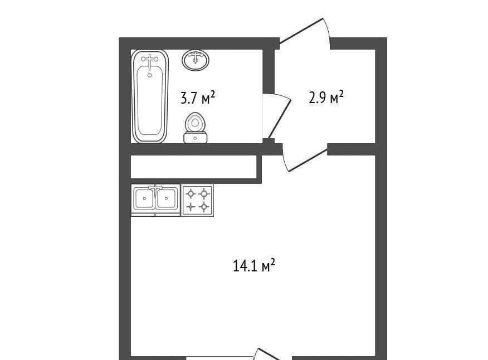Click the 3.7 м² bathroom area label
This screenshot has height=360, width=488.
click(x=198, y=98)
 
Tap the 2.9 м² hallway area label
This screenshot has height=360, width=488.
click(x=326, y=97)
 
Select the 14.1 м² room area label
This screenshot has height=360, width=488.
click(x=253, y=266)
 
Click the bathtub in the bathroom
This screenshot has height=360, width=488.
click(x=150, y=96)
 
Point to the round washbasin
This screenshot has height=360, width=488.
click(x=196, y=60)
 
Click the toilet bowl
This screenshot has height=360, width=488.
click(x=195, y=122)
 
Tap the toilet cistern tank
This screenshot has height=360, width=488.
click(x=195, y=138)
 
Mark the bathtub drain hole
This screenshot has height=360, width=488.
click(x=150, y=75)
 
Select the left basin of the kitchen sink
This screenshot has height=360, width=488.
click(x=144, y=199)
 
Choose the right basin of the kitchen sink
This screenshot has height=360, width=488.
click(x=167, y=199)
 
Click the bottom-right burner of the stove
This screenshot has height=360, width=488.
click(x=204, y=206)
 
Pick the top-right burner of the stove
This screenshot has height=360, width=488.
click(x=204, y=194)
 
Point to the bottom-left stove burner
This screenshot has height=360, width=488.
click(x=190, y=207)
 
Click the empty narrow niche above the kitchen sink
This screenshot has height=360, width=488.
click(x=193, y=167)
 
